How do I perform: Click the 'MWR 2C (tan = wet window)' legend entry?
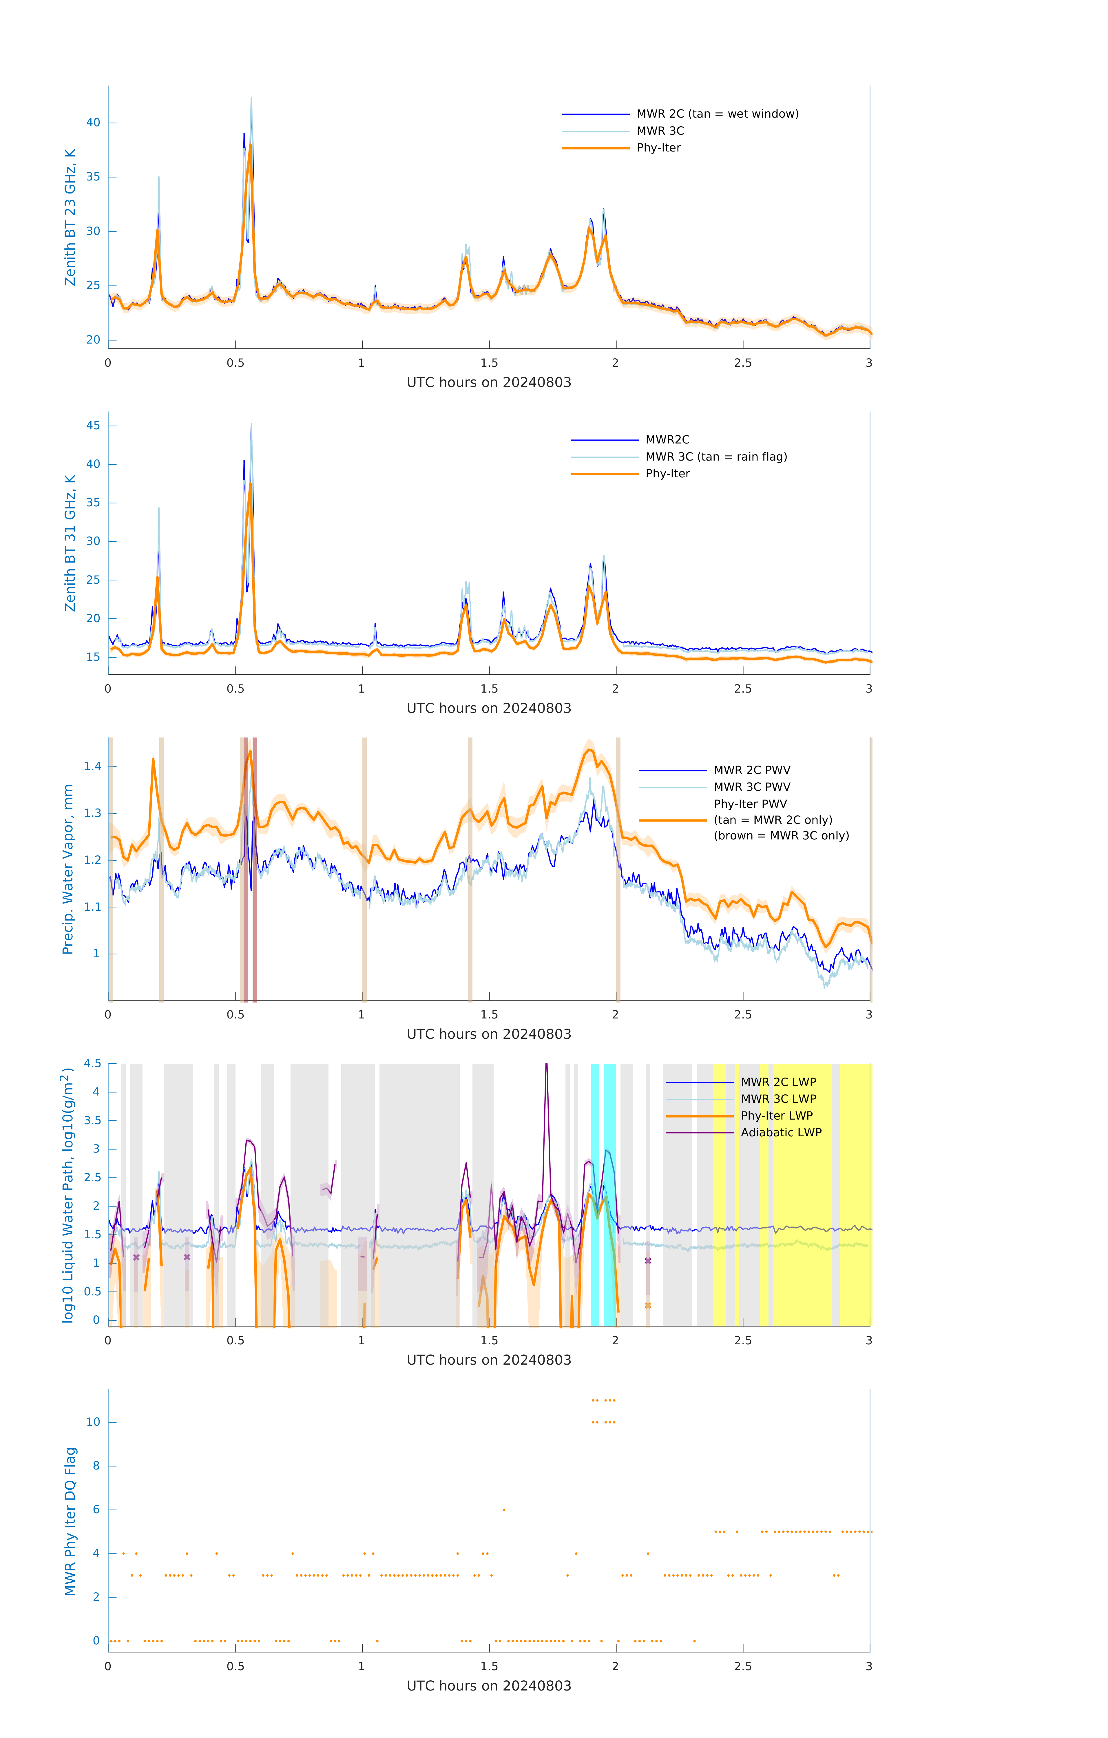coord(717,114)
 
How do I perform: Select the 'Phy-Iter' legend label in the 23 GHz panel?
coord(658,148)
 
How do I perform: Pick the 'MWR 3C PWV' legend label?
coord(751,787)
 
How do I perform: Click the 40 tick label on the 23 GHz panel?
coord(93,123)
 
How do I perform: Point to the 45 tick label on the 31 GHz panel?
coord(93,426)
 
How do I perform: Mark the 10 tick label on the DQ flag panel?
coord(93,1422)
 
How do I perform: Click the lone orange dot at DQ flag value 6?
coord(504,1509)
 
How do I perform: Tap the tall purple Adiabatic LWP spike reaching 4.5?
coord(546,1067)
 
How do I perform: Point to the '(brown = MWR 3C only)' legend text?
coord(781,836)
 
